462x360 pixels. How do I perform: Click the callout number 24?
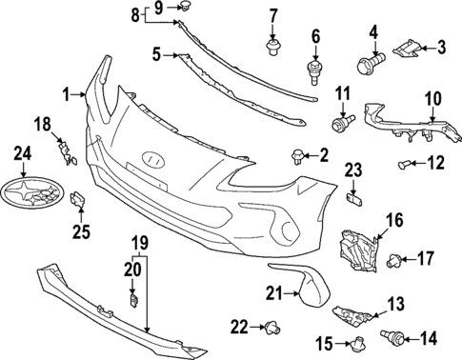coord(22,151)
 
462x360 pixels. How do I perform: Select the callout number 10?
coord(433,99)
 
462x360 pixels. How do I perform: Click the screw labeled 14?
coord(389,336)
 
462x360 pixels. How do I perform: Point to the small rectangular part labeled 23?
coord(353,197)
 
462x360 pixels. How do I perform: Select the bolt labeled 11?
coord(340,123)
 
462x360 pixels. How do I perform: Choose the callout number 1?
coord(67,93)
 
